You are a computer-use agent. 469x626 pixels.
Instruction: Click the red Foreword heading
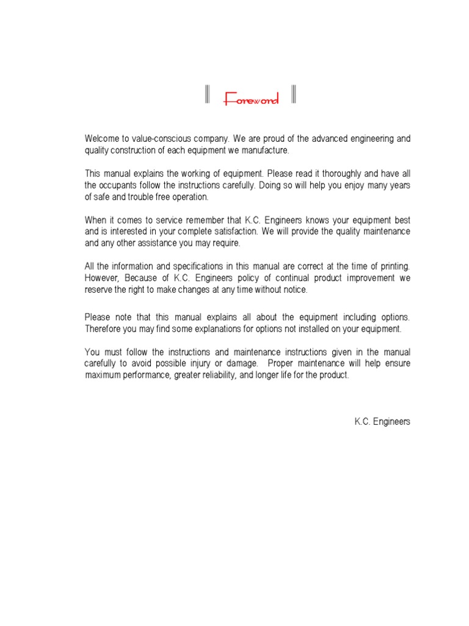pos(251,99)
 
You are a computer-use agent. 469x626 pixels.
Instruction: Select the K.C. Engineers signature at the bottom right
pos(382,422)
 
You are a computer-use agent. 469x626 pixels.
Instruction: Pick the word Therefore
pos(103,328)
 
